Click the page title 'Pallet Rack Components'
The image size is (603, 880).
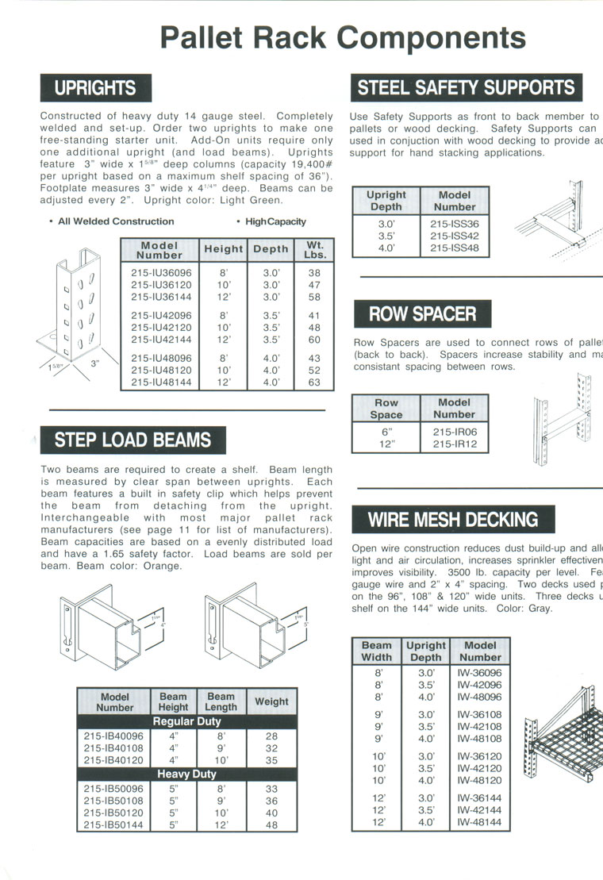coord(343,37)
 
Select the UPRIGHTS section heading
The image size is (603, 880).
coord(95,88)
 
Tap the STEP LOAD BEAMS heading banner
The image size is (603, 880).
coord(133,440)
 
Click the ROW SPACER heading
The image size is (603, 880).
coord(421,314)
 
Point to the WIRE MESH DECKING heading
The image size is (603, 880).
coord(452,520)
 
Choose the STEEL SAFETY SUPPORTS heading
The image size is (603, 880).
coord(466,88)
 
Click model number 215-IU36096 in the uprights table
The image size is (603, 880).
coord(161,271)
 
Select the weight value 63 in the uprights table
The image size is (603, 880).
coord(315,382)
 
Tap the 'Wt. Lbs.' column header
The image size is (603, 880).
coord(315,250)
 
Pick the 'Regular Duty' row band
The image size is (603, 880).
coord(186,721)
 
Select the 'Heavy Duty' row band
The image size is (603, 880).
coord(186,774)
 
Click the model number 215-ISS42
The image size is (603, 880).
coord(455,236)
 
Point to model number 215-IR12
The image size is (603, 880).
coord(455,444)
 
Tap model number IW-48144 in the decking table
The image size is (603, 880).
coord(479,823)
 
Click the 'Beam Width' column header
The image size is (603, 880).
coord(376,651)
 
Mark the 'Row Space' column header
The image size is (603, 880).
coord(386,409)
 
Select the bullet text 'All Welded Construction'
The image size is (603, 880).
coord(116,221)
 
